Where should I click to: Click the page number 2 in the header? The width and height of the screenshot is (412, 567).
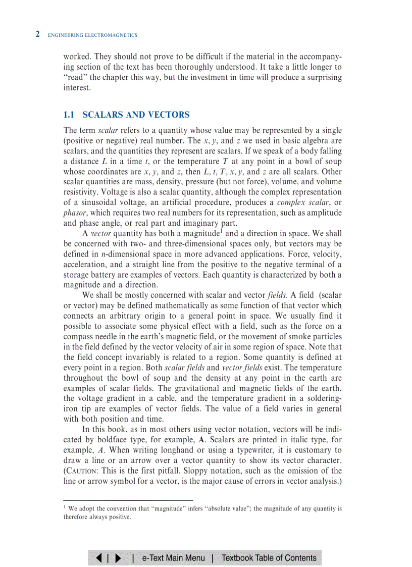37,34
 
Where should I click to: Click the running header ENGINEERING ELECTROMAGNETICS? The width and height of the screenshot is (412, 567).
92,35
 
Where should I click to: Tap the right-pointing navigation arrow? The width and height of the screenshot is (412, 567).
118,558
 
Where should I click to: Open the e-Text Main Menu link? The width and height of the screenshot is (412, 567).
174,558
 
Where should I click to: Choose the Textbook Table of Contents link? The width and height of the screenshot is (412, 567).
269,558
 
